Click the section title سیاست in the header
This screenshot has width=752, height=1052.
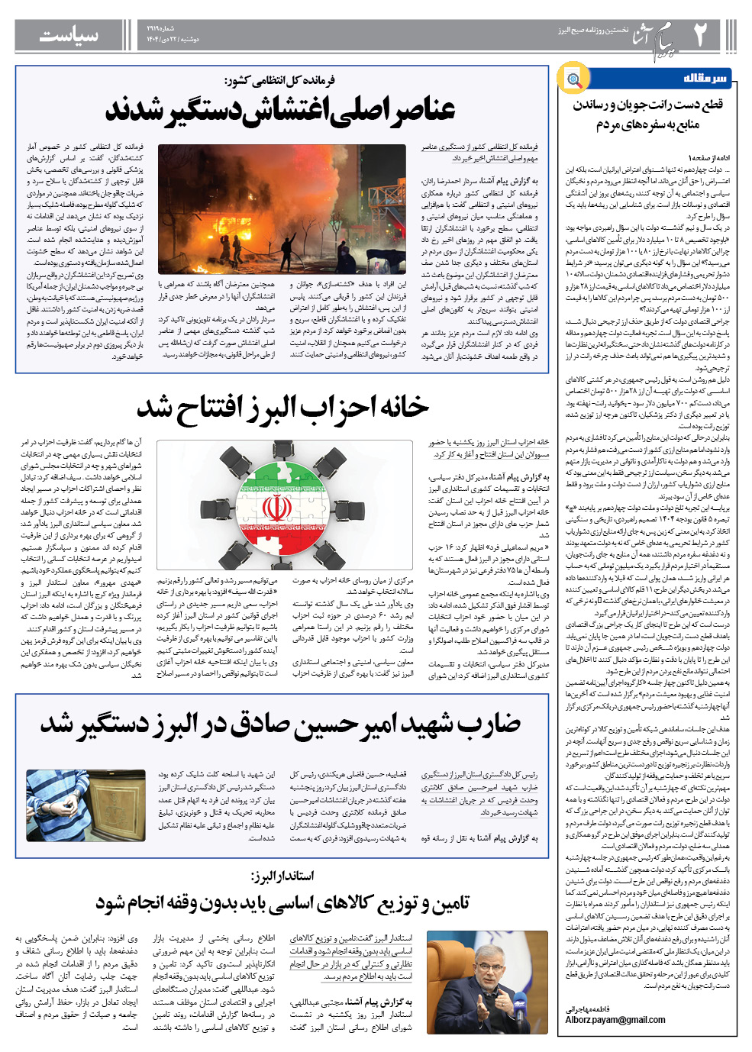69,35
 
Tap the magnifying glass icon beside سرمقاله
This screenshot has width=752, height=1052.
572,79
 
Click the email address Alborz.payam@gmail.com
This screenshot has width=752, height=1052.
615,1020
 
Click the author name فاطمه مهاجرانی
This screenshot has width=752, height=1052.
589,1009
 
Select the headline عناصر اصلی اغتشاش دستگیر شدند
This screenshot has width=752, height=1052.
280,110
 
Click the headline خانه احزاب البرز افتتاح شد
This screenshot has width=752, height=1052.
282,406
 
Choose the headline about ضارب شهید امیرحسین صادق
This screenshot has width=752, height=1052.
281,724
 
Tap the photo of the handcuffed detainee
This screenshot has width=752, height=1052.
89,805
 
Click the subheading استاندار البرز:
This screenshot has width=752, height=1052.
282,875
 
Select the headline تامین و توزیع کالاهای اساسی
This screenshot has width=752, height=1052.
282,903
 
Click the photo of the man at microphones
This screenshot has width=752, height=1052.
486,982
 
